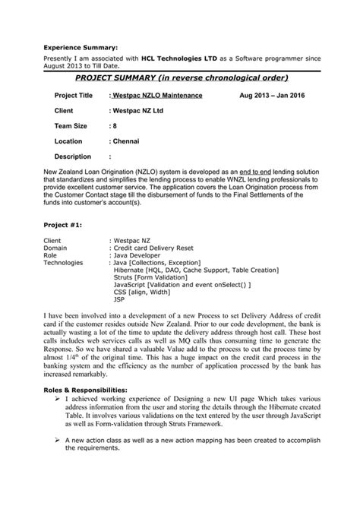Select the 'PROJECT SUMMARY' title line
click(x=182, y=77)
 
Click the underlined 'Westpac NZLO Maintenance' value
click(x=157, y=96)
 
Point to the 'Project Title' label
click(x=74, y=96)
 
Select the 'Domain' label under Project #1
click(x=55, y=247)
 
